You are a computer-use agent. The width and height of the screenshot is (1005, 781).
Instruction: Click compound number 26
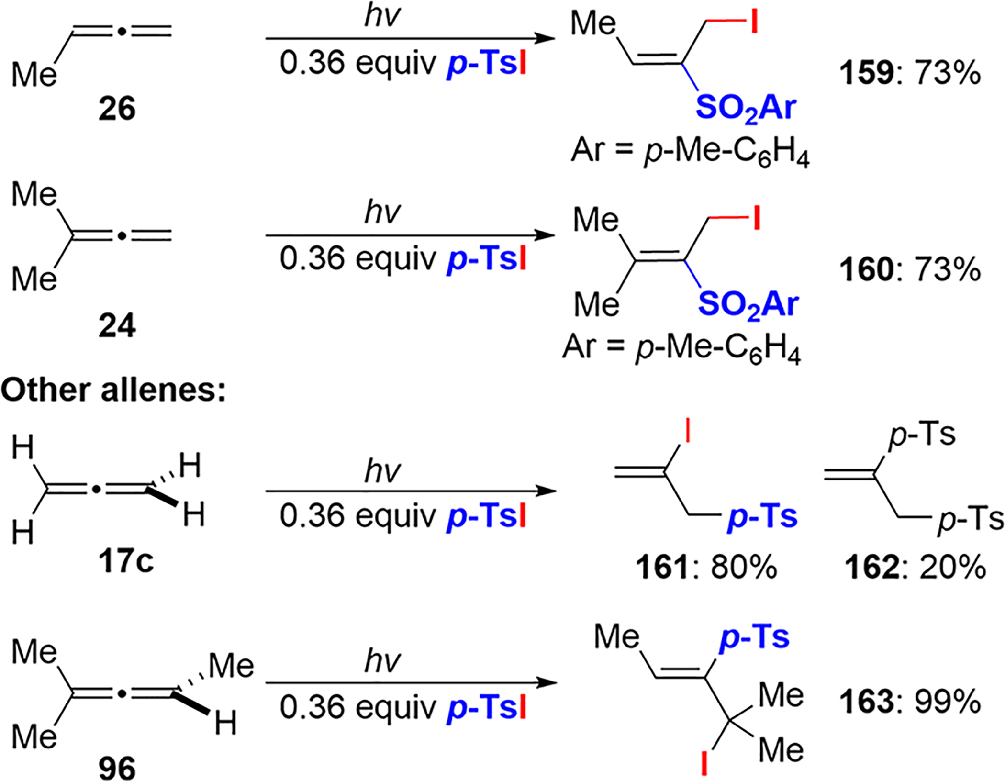click(117, 109)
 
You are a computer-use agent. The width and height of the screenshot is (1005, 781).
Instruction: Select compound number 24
click(117, 326)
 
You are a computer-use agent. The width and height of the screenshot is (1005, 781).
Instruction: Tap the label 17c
click(126, 561)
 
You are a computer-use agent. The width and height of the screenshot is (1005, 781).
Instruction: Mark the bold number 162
click(871, 568)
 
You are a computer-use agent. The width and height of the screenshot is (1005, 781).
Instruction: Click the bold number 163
click(866, 703)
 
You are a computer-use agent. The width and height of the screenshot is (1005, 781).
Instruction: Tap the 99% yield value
click(948, 703)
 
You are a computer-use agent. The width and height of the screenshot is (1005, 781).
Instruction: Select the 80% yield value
click(744, 568)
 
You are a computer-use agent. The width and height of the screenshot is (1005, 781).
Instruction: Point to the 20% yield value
click(952, 568)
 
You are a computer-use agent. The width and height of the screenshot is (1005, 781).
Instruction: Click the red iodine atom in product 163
click(704, 763)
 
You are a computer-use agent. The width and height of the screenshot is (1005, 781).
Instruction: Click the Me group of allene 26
click(33, 75)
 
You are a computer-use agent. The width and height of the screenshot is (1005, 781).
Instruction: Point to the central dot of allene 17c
click(96, 490)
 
